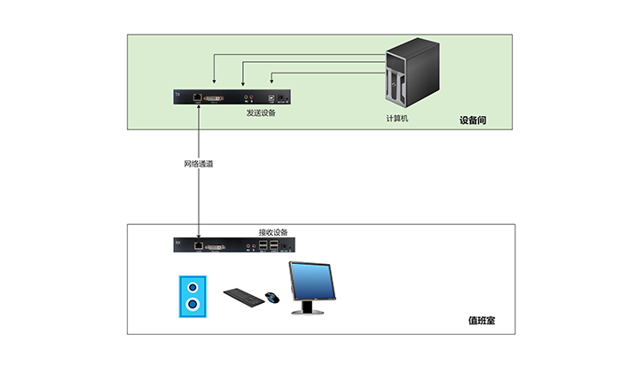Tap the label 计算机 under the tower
point(397,118)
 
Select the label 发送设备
point(260,113)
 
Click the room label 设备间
point(473,120)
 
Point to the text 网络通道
point(199,164)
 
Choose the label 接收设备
point(272,232)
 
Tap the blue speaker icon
point(193,297)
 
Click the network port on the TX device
point(197,97)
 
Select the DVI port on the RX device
point(217,245)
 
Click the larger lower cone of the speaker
point(193,306)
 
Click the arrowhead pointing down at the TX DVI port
point(214,88)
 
